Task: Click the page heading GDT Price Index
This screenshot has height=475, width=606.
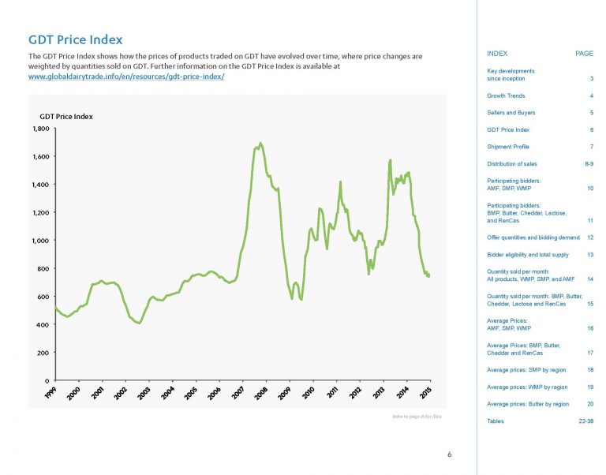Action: tap(76, 39)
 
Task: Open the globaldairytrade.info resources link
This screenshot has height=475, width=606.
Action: tap(126, 77)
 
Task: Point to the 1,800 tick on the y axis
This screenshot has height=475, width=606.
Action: tap(41, 128)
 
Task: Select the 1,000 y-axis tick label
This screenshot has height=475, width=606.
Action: tap(41, 241)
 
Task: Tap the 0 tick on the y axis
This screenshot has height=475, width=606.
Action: tap(47, 380)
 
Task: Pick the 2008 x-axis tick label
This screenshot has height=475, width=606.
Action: tap(263, 393)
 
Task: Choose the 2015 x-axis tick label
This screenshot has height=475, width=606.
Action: tap(427, 393)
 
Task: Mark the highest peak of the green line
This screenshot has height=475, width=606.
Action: tap(260, 143)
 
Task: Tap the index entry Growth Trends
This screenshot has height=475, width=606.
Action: tap(506, 95)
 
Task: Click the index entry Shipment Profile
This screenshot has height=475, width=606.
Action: tap(508, 148)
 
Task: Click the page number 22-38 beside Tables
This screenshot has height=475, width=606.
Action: tap(585, 422)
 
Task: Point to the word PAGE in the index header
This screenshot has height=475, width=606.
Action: tap(584, 54)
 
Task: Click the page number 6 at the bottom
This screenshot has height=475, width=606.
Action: tap(449, 454)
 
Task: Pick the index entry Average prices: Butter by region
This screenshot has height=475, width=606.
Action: tap(528, 404)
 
